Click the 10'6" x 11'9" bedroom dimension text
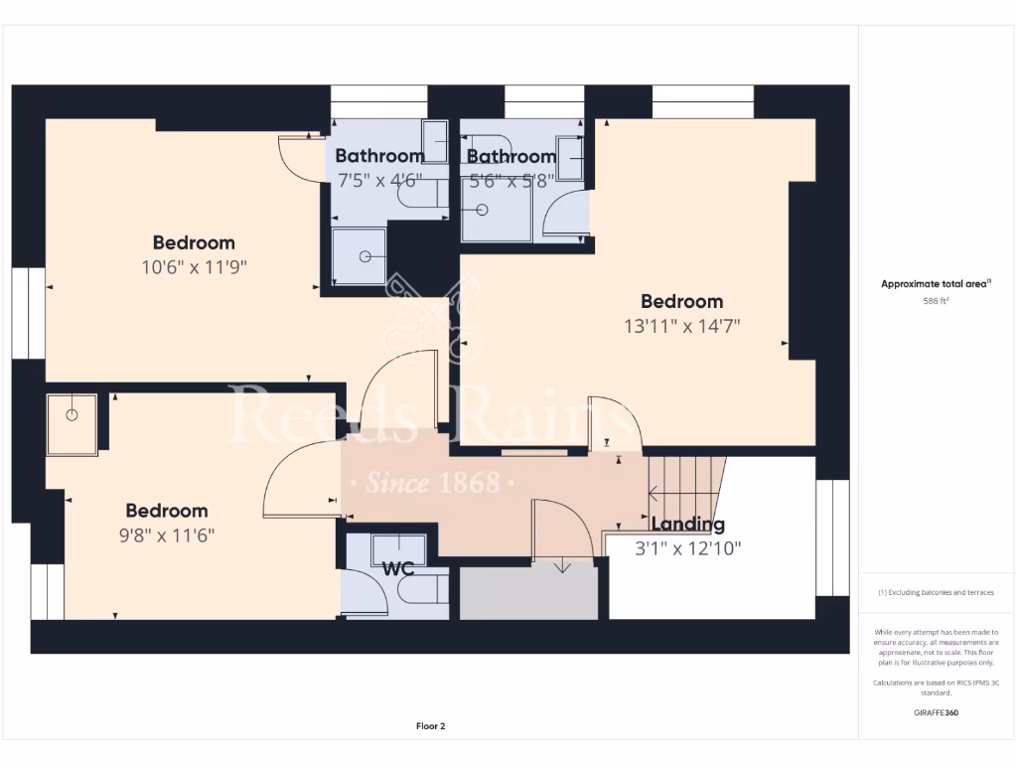click(x=194, y=266)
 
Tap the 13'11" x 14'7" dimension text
click(x=681, y=325)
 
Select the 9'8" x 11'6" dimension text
click(x=167, y=534)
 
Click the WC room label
click(x=398, y=569)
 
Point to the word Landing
click(x=687, y=525)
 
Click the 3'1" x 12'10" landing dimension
click(x=688, y=547)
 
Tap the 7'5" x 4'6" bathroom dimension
click(x=380, y=180)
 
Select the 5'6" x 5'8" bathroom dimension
click(x=510, y=180)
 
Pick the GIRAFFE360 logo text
click(x=936, y=712)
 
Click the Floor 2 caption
click(x=430, y=726)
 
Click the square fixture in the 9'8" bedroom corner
click(x=73, y=424)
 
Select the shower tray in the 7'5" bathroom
click(x=359, y=256)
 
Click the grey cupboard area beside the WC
click(x=527, y=593)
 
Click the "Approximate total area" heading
click(x=936, y=284)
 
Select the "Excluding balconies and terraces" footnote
click(x=936, y=592)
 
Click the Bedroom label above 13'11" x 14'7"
click(x=681, y=301)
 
